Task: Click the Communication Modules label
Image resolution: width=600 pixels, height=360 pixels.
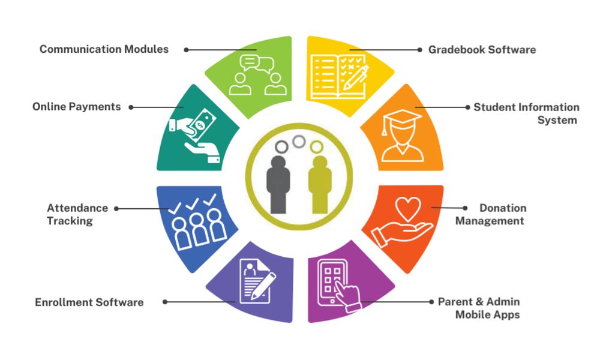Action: pyautogui.click(x=104, y=49)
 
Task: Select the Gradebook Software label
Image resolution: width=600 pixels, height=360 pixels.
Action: pyautogui.click(x=482, y=50)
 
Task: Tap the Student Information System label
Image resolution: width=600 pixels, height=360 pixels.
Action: pyautogui.click(x=526, y=113)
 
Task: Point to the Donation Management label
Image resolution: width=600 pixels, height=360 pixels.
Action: pyautogui.click(x=490, y=214)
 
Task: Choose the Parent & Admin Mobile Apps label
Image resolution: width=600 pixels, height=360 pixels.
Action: pyautogui.click(x=479, y=308)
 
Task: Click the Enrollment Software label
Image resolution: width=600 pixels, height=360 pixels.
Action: pyautogui.click(x=89, y=302)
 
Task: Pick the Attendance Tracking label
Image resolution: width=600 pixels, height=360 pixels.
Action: pyautogui.click(x=77, y=214)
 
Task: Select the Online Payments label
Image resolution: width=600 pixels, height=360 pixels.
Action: pyautogui.click(x=76, y=107)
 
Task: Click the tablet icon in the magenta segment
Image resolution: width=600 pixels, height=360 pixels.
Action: pyautogui.click(x=332, y=279)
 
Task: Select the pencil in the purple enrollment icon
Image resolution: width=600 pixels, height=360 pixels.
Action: pyautogui.click(x=263, y=286)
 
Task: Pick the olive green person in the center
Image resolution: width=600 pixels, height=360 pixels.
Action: pyautogui.click(x=320, y=183)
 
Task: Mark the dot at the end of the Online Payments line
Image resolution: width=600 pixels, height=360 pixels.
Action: pyautogui.click(x=131, y=107)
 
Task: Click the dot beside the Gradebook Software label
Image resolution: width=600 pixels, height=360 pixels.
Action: pyautogui.click(x=418, y=50)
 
